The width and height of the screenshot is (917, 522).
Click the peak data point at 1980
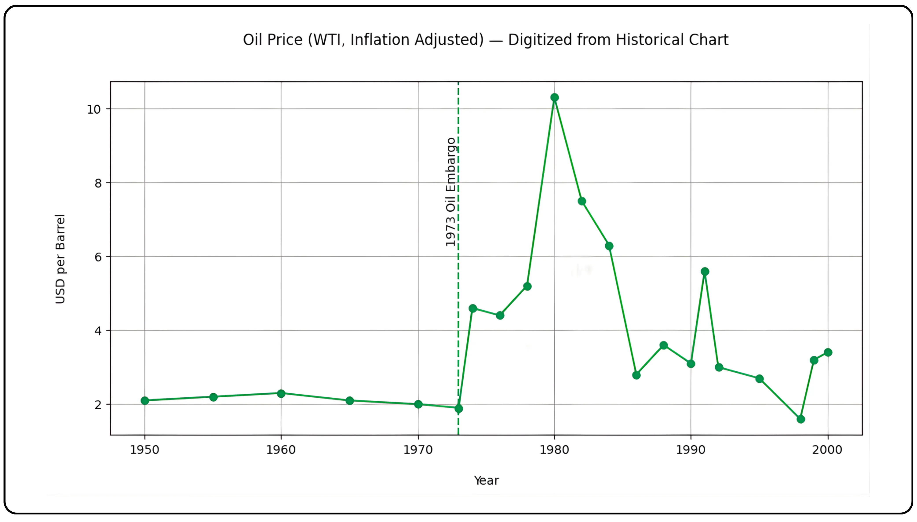pyautogui.click(x=555, y=98)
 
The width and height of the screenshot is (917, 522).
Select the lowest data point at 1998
pyautogui.click(x=801, y=419)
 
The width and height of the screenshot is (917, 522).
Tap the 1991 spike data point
pyautogui.click(x=705, y=271)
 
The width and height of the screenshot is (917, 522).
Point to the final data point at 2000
pyautogui.click(x=828, y=352)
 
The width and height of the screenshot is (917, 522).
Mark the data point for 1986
pyautogui.click(x=636, y=375)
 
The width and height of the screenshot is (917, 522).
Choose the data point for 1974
pyautogui.click(x=473, y=308)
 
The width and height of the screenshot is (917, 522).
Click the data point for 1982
pyautogui.click(x=582, y=201)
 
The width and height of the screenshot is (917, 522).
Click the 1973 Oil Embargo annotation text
pyautogui.click(x=450, y=192)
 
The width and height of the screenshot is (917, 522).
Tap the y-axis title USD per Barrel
pyautogui.click(x=60, y=259)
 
